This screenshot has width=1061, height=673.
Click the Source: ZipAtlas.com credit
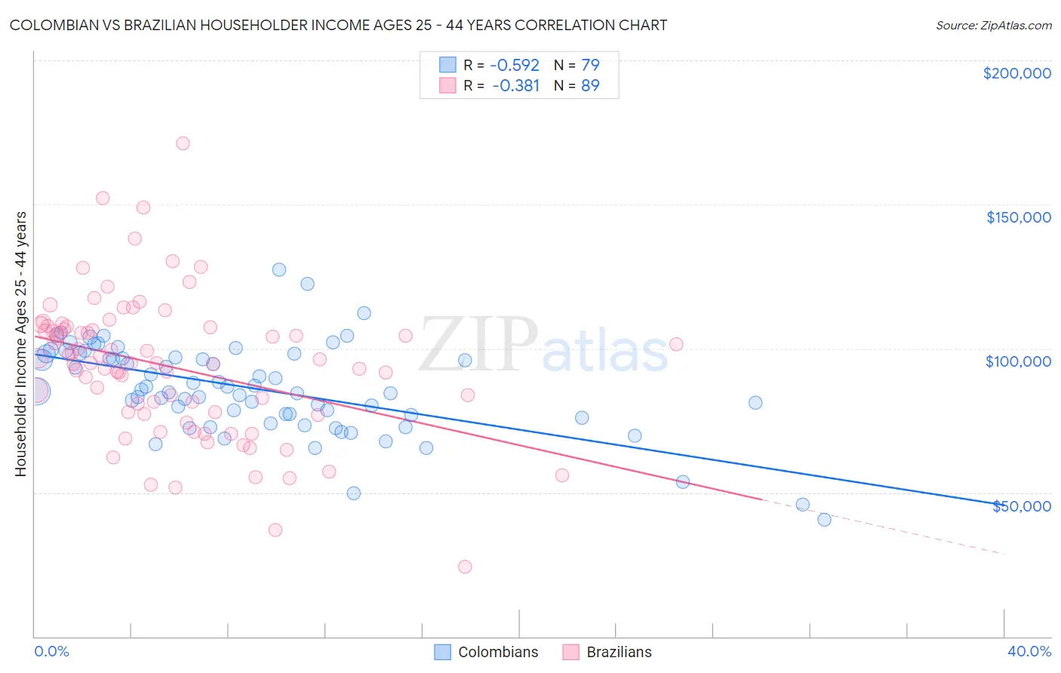pos(993,25)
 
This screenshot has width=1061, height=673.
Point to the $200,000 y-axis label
pos(1016,73)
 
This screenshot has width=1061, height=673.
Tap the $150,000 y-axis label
pos(1018,217)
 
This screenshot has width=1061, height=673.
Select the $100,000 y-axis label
pos(1018,361)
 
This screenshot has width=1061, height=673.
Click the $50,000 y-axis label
pos(1021,506)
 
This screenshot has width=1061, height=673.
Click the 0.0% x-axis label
pos(51,651)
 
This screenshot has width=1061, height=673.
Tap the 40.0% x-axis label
pos(1029,651)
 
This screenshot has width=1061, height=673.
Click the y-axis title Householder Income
pos(20,344)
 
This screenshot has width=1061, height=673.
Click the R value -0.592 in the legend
pos(515,65)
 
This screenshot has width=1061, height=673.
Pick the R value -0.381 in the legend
pos(515,85)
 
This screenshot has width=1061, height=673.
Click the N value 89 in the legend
pos(590,85)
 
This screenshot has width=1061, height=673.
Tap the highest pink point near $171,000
pos(183,143)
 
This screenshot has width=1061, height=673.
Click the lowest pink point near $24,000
pos(465,567)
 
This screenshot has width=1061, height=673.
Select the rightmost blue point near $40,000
pos(824,519)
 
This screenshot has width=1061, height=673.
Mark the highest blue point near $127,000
pos(279,269)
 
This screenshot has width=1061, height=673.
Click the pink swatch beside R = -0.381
pos(447,85)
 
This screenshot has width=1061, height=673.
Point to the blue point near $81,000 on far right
pos(755,403)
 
